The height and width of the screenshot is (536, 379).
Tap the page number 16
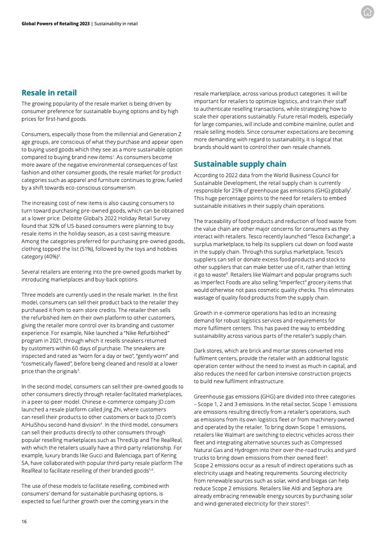click(24, 521)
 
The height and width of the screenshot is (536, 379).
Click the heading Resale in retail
click(49, 93)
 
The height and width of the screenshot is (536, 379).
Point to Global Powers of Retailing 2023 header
click(55, 24)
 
